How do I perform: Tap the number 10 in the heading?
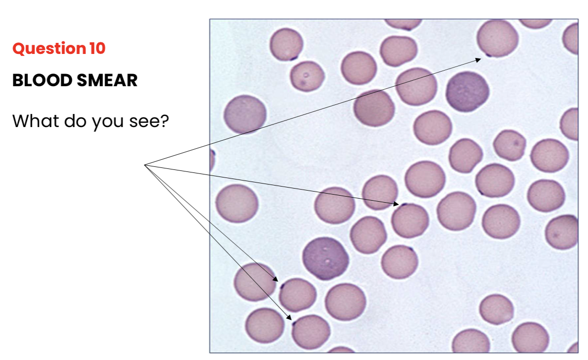(97, 49)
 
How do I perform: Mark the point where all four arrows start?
(145, 164)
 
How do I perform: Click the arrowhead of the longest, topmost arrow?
(479, 59)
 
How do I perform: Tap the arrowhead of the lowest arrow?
(290, 318)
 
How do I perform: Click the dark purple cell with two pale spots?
(326, 258)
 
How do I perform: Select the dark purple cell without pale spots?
(467, 91)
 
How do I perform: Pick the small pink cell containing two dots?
(307, 76)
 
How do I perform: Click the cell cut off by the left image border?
(212, 160)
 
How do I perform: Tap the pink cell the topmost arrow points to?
(498, 39)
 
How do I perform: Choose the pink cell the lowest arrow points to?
(311, 332)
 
